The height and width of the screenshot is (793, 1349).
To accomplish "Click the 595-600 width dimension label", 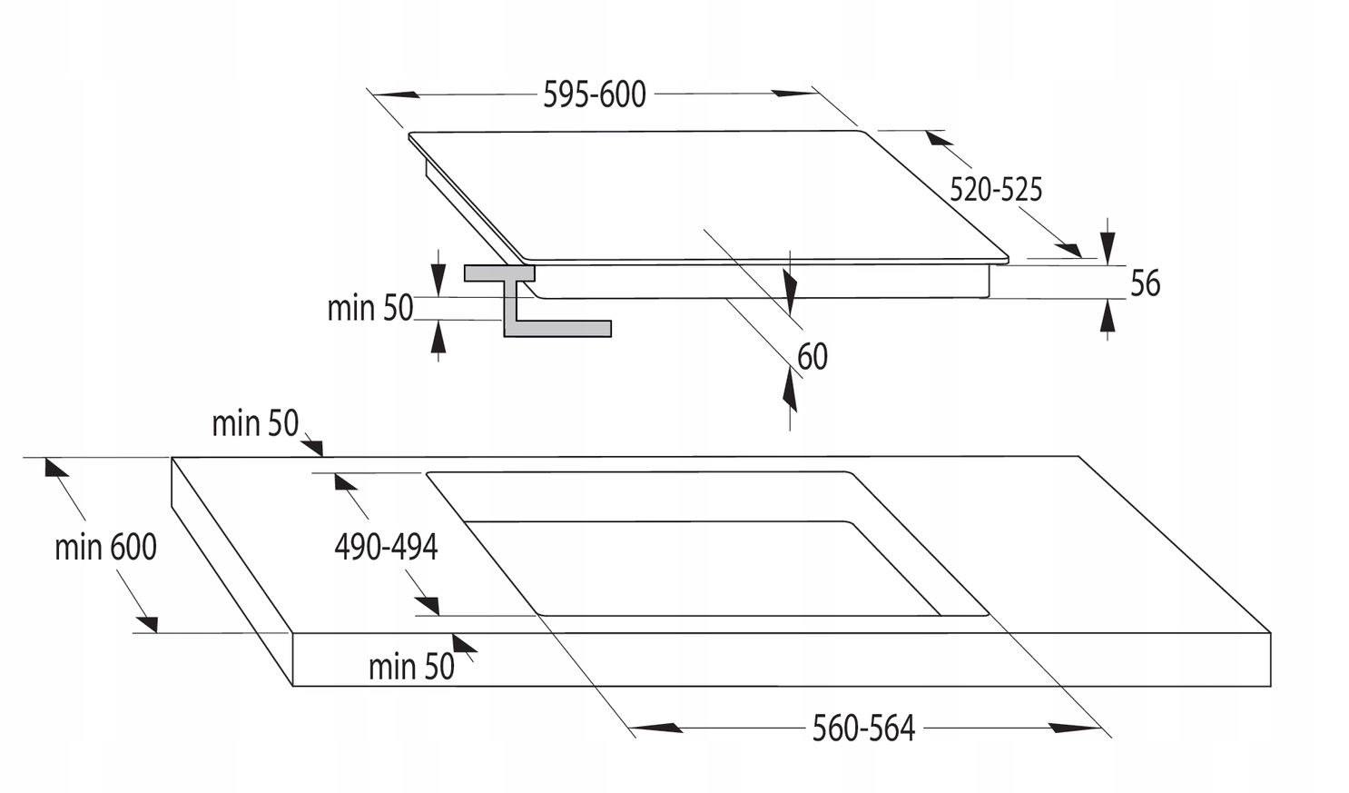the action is [595, 94].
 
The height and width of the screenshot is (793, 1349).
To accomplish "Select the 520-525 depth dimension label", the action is [996, 190].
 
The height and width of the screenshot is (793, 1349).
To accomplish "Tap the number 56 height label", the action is [1145, 283].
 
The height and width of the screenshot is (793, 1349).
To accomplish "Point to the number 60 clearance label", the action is [812, 357].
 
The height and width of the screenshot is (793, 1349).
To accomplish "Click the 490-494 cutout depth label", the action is [386, 547].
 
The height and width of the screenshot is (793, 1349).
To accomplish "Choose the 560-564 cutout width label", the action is [863, 729].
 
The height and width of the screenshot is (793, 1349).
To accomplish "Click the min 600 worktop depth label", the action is [105, 547].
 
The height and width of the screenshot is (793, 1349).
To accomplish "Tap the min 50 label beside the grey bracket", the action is [369, 309].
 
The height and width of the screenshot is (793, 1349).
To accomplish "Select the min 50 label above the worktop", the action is [255, 423].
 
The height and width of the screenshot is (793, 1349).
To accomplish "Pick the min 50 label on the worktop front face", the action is [411, 667].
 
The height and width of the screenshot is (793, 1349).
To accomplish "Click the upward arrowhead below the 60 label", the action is [789, 392].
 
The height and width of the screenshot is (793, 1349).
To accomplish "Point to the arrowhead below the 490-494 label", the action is [427, 605].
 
